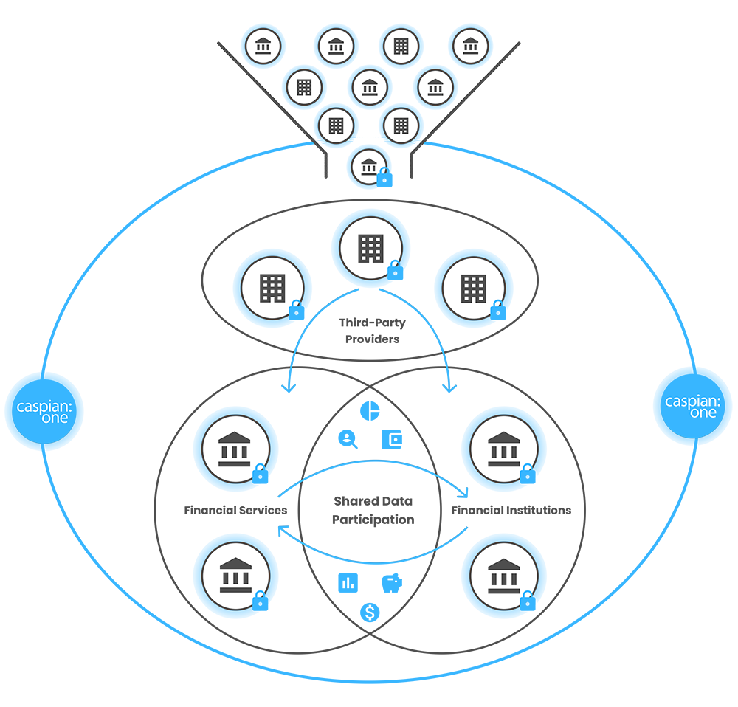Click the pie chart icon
368,410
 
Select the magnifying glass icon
348,439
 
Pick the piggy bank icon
391,583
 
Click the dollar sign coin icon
370,612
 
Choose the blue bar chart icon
348,583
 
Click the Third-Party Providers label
372,331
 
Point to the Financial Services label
235,510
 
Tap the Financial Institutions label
511,510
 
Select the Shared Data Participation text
373,510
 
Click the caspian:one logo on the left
45,411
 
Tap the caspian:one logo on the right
692,406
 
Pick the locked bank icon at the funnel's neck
369,166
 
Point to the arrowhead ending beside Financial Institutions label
466,492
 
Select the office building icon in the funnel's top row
401,46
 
